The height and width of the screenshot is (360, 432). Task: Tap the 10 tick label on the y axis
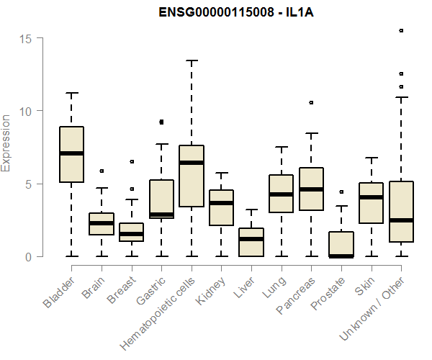point(27,111)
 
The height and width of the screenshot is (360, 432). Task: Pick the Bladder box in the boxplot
point(71,154)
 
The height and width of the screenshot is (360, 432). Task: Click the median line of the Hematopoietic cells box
point(192,163)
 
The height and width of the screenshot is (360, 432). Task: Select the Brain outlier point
point(102,171)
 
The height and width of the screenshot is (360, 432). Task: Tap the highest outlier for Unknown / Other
point(401,31)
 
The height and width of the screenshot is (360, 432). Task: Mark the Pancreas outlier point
point(311,103)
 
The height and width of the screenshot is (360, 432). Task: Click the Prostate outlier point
point(341,192)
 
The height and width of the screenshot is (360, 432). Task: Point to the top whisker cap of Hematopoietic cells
point(192,60)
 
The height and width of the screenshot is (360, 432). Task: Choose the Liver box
point(251,242)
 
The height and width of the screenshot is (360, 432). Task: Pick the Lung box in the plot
point(281,194)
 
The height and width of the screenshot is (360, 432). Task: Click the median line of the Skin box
point(371,197)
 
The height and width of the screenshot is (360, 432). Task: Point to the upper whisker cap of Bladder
point(71,93)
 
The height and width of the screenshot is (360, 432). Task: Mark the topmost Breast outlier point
point(132,162)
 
